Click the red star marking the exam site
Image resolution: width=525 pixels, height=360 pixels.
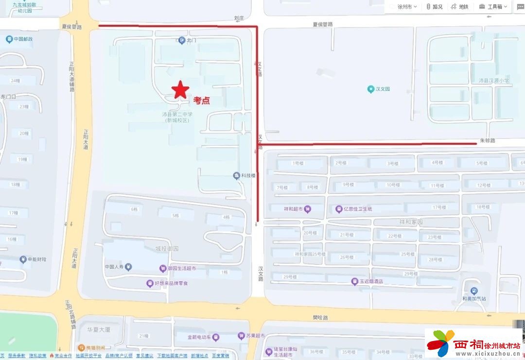tap(180, 89)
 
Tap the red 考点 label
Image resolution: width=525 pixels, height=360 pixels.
tap(202, 101)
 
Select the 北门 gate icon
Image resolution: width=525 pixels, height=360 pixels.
tap(182, 40)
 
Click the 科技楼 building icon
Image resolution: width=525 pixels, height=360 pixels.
tap(236, 176)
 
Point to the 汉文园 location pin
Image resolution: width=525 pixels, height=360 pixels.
tap(371, 89)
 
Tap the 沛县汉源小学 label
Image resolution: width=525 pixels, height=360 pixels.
tap(493, 81)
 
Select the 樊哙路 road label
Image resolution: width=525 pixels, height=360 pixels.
tap(320, 317)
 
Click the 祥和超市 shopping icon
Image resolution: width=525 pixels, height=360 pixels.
tap(307, 209)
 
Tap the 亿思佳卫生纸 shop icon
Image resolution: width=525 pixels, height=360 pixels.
tap(339, 209)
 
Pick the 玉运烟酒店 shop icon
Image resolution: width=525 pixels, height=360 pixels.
tap(355, 281)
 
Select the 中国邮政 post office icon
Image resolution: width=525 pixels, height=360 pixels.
tap(9, 39)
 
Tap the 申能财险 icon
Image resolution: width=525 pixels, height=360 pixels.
tap(23, 259)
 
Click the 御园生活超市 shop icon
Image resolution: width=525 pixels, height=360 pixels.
tap(163, 269)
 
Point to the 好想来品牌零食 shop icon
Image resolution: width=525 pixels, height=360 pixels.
tap(150, 283)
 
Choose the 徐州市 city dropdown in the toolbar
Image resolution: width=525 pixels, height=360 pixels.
tap(403, 7)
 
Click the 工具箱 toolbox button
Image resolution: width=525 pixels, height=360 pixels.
tap(493, 7)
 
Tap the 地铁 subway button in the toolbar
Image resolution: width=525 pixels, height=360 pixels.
tap(460, 7)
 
